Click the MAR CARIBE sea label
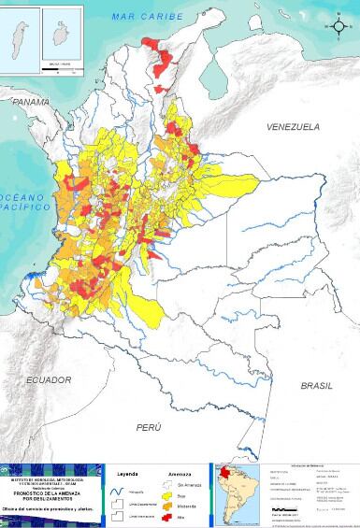pos(140,17)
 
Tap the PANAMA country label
pos(30,101)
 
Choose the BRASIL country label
pos(316,385)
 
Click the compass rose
pos(338,26)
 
